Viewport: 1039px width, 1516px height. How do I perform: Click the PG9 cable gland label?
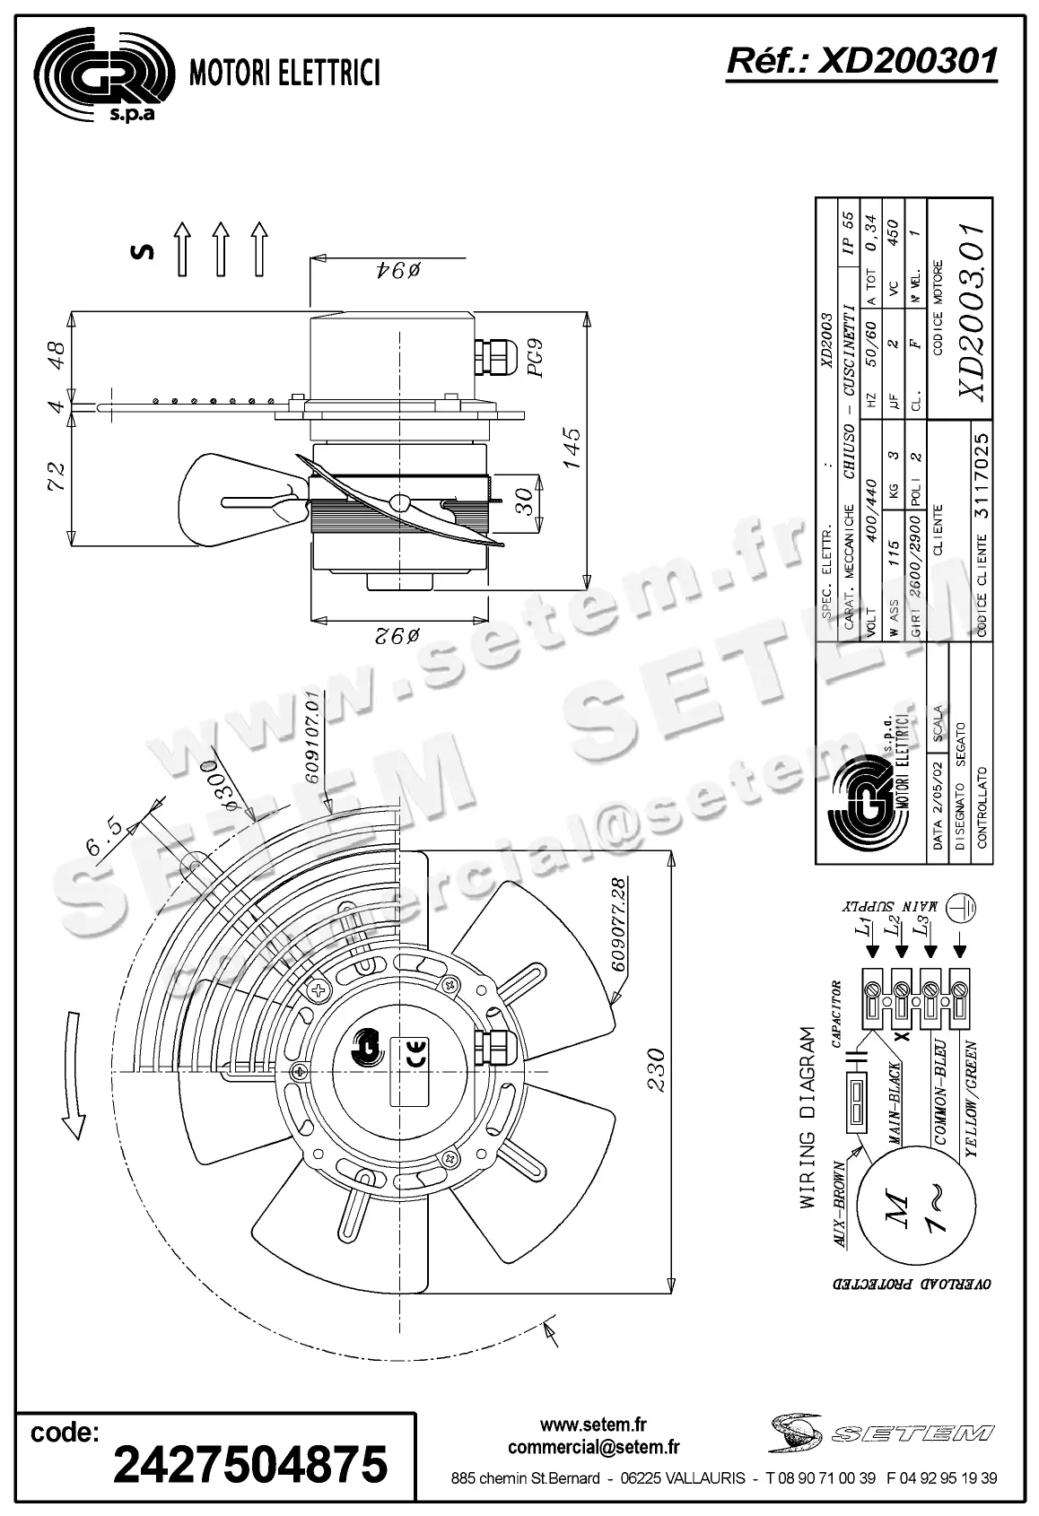pos(537,358)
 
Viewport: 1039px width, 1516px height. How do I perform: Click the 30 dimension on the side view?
pos(528,499)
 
